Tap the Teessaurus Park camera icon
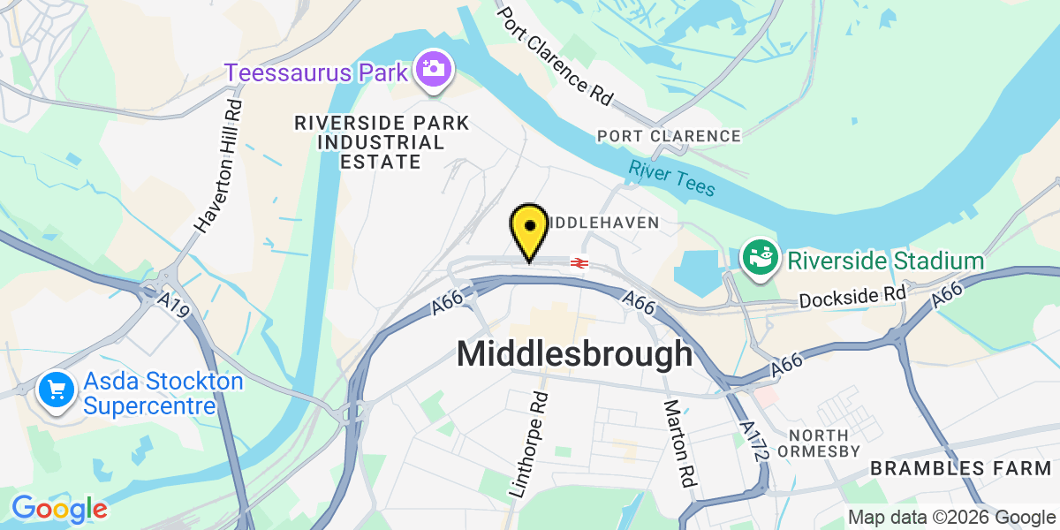[x=434, y=70]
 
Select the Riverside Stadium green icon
[x=760, y=258]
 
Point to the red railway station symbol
[x=579, y=262]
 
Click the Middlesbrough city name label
[x=574, y=354]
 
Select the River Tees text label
[x=671, y=178]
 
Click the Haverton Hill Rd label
[x=219, y=166]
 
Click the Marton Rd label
[x=678, y=443]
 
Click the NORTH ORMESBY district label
[x=819, y=443]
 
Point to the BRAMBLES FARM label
[x=964, y=468]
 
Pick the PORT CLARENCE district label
[x=669, y=136]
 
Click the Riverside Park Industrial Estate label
[x=382, y=142]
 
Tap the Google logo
[x=59, y=509]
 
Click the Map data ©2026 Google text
[x=951, y=518]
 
